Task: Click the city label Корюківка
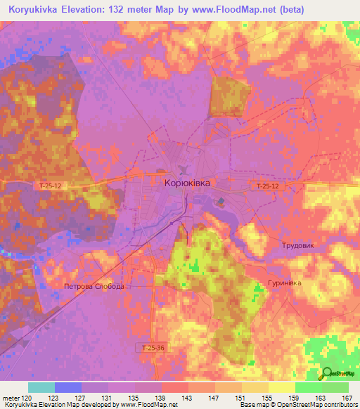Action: pos(186,182)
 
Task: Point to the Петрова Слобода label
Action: pos(94,287)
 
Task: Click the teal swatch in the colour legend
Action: pos(41,388)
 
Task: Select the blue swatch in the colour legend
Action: pos(68,388)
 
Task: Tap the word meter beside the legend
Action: pos(10,398)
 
